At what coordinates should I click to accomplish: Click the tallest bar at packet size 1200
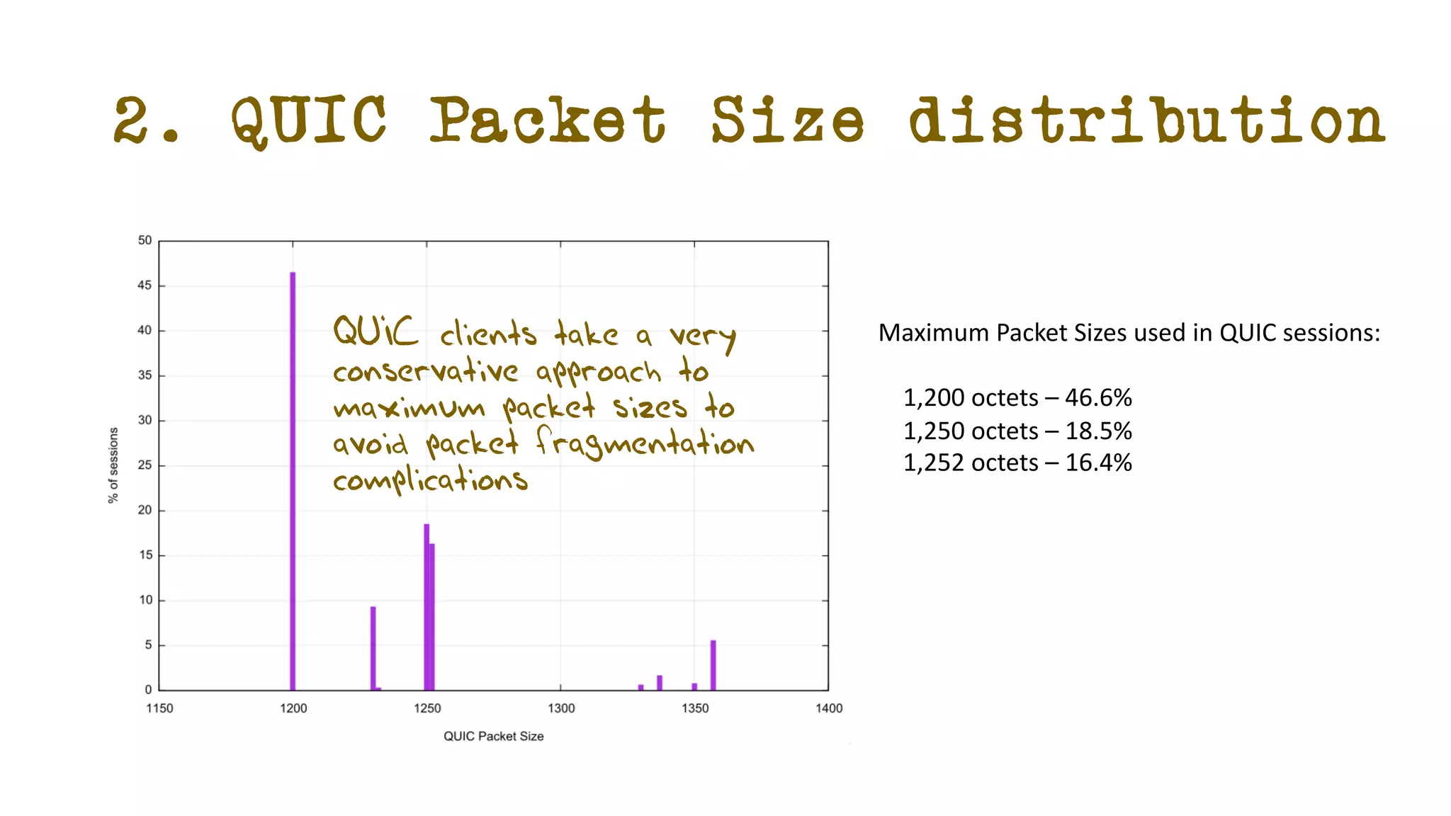[x=293, y=482]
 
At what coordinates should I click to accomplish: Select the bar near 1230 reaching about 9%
[x=373, y=647]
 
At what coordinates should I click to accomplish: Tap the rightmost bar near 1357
[x=713, y=665]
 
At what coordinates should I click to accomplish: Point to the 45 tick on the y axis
[x=145, y=285]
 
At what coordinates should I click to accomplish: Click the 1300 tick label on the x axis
[x=561, y=708]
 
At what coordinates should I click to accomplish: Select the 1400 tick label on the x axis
[x=829, y=708]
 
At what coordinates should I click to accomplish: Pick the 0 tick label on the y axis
[x=148, y=690]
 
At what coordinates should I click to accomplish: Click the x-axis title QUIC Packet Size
[x=493, y=737]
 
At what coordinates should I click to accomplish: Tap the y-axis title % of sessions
[x=113, y=465]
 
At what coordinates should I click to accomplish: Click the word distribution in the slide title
[x=1146, y=120]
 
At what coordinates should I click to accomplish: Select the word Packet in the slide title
[x=548, y=120]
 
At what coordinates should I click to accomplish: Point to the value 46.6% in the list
[x=1098, y=398]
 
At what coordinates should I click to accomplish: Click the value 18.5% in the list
[x=1098, y=431]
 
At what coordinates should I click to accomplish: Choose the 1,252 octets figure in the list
[x=971, y=463]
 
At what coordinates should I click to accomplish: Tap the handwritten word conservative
[x=426, y=371]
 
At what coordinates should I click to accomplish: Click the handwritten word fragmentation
[x=645, y=443]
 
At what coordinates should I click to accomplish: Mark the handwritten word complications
[x=431, y=480]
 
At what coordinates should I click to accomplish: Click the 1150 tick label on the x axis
[x=159, y=708]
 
